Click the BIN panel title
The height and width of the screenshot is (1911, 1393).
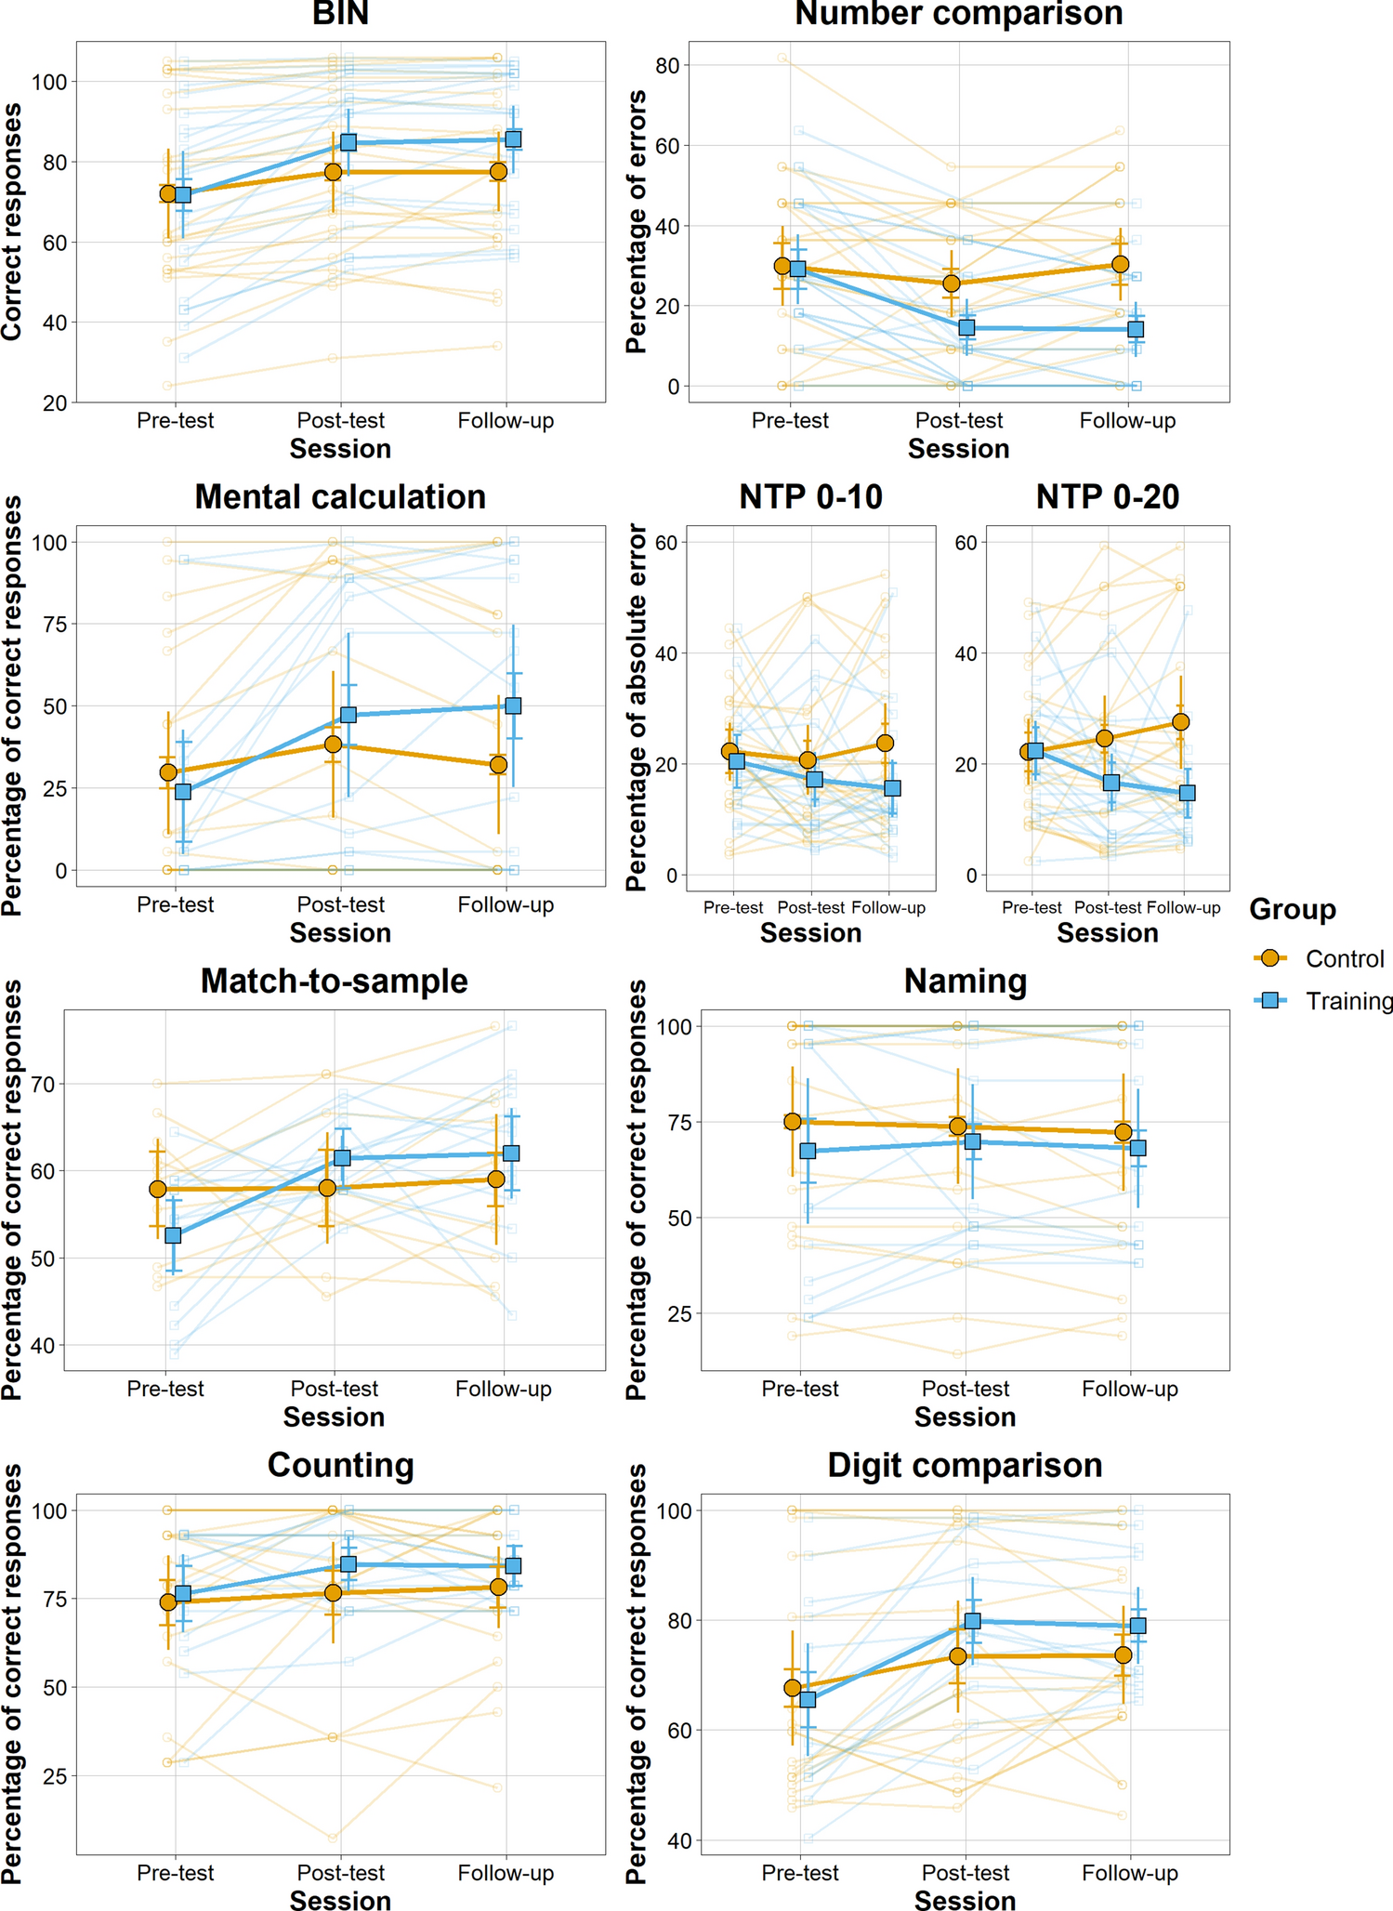pyautogui.click(x=340, y=14)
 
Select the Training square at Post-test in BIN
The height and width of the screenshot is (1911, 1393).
pyautogui.click(x=348, y=142)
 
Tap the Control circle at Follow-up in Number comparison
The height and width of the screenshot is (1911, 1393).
pyautogui.click(x=1120, y=265)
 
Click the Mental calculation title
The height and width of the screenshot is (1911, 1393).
pyautogui.click(x=340, y=497)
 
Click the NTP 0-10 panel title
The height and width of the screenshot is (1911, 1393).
pyautogui.click(x=810, y=497)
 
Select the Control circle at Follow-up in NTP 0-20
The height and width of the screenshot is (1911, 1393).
pyautogui.click(x=1180, y=722)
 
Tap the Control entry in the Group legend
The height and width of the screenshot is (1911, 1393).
pyautogui.click(x=1344, y=959)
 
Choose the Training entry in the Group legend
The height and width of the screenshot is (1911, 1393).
pyautogui.click(x=1347, y=1001)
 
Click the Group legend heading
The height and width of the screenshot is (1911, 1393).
pyautogui.click(x=1293, y=909)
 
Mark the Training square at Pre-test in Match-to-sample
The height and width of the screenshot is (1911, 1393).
pyautogui.click(x=173, y=1235)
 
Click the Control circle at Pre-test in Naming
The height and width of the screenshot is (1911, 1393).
pyautogui.click(x=793, y=1122)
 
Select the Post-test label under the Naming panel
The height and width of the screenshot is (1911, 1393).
pyautogui.click(x=965, y=1389)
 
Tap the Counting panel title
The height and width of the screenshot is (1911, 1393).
pyautogui.click(x=340, y=1466)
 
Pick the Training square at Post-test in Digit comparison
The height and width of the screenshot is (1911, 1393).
pyautogui.click(x=973, y=1622)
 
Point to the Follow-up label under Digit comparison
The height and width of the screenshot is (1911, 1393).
pyautogui.click(x=1129, y=1873)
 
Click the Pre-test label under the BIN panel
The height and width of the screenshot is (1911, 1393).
pyautogui.click(x=175, y=421)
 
